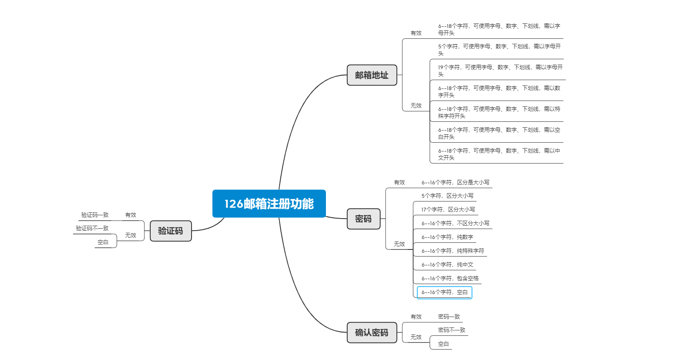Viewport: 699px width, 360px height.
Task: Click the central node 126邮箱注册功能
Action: (269, 204)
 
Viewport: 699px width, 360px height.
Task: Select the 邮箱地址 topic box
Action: (371, 75)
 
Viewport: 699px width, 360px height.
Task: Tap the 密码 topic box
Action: (363, 219)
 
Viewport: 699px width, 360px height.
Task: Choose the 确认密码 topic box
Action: (371, 332)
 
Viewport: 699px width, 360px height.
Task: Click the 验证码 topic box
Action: (170, 231)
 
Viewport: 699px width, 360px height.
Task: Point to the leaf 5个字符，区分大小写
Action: (447, 196)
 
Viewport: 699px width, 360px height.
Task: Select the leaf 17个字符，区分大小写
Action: (448, 209)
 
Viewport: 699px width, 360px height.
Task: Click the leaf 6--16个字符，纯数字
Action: (447, 237)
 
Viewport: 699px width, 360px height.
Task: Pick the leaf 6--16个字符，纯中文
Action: (447, 264)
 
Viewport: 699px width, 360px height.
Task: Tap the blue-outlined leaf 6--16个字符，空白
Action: (444, 292)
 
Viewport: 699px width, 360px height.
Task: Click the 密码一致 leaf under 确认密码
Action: (449, 317)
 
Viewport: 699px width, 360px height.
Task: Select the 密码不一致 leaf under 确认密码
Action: (452, 330)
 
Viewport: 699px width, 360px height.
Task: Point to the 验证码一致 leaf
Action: (95, 215)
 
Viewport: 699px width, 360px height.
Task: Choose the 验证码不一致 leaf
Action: (92, 228)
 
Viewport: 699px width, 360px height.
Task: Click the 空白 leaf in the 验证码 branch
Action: (103, 242)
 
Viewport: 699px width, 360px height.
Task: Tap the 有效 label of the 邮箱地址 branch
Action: (416, 33)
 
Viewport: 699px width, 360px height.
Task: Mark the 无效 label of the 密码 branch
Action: (399, 244)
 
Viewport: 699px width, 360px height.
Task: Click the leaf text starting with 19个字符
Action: (500, 70)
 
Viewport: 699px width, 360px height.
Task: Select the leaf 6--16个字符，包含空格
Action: (450, 278)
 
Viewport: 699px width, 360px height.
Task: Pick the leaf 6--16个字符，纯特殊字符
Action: (452, 251)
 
